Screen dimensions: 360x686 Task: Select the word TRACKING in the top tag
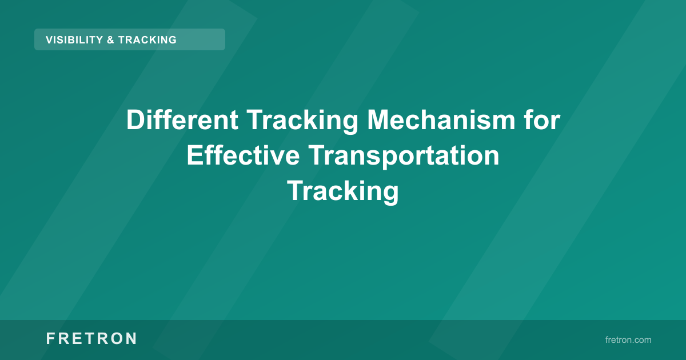click(x=147, y=40)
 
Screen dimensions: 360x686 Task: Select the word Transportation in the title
click(x=403, y=155)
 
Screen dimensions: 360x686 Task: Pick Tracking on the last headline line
click(x=343, y=191)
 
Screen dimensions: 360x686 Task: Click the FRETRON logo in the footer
click(x=91, y=339)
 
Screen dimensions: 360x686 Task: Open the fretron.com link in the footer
click(x=628, y=340)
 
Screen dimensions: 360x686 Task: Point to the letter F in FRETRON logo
click(x=50, y=339)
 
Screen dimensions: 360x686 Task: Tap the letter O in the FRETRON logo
click(x=115, y=339)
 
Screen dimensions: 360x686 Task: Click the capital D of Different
click(x=135, y=121)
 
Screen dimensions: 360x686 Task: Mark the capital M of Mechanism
click(x=378, y=121)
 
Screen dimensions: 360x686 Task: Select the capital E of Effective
click(x=194, y=155)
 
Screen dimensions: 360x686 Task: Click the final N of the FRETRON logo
click(x=131, y=339)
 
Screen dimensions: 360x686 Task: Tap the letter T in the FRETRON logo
click(x=82, y=339)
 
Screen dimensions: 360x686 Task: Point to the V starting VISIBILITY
click(x=49, y=40)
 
